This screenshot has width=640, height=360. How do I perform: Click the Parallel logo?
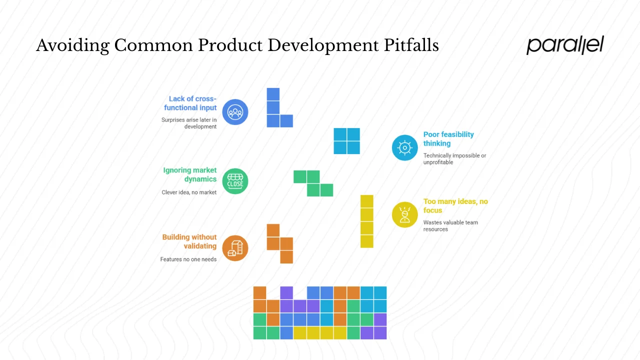pyautogui.click(x=565, y=45)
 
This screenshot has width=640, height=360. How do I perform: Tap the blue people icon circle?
pyautogui.click(x=235, y=112)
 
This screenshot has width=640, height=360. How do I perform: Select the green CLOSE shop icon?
pyautogui.click(x=235, y=181)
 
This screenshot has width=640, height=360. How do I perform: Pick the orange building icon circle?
pyautogui.click(x=235, y=248)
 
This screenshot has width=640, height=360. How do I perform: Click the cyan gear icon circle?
pyautogui.click(x=404, y=147)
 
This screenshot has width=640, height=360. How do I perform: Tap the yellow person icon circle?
pyautogui.click(x=404, y=214)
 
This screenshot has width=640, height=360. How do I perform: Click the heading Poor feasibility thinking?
pyautogui.click(x=448, y=139)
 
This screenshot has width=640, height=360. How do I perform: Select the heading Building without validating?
pyautogui.click(x=189, y=241)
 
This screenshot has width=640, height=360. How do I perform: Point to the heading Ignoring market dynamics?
pyautogui.click(x=190, y=174)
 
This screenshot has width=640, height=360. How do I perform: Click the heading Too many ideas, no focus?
pyautogui.click(x=455, y=205)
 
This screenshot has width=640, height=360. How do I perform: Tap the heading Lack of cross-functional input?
pyautogui.click(x=191, y=103)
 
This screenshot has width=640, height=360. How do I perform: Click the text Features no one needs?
pyautogui.click(x=188, y=259)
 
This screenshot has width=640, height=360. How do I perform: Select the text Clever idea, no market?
pyautogui.click(x=189, y=192)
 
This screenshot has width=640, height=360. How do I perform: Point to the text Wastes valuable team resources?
pyautogui.click(x=450, y=226)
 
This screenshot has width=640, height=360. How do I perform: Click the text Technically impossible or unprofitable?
pyautogui.click(x=454, y=159)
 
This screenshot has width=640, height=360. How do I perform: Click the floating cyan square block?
pyautogui.click(x=347, y=141)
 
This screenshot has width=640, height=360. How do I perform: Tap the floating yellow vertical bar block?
pyautogui.click(x=366, y=221)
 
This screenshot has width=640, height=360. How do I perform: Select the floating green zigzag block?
pyautogui.click(x=313, y=183)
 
